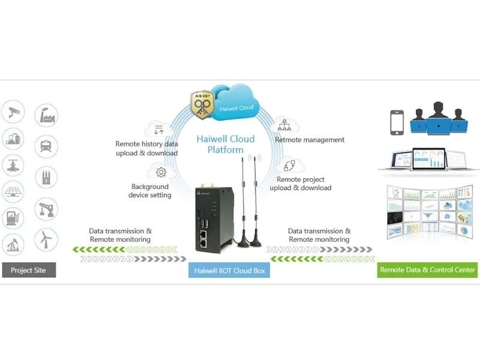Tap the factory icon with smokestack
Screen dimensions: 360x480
pyautogui.click(x=46, y=115)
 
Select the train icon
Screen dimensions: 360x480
pyautogui.click(x=46, y=146)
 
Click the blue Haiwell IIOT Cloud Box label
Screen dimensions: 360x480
pyautogui.click(x=229, y=271)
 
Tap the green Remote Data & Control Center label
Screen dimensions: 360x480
pyautogui.click(x=428, y=270)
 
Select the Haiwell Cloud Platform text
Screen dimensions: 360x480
pyautogui.click(x=226, y=144)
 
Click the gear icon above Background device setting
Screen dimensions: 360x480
pyautogui.click(x=161, y=173)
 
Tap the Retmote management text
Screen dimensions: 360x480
pyautogui.click(x=310, y=140)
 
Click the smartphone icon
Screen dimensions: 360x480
pyautogui.click(x=396, y=122)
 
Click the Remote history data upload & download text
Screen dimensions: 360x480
pyautogui.click(x=146, y=148)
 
